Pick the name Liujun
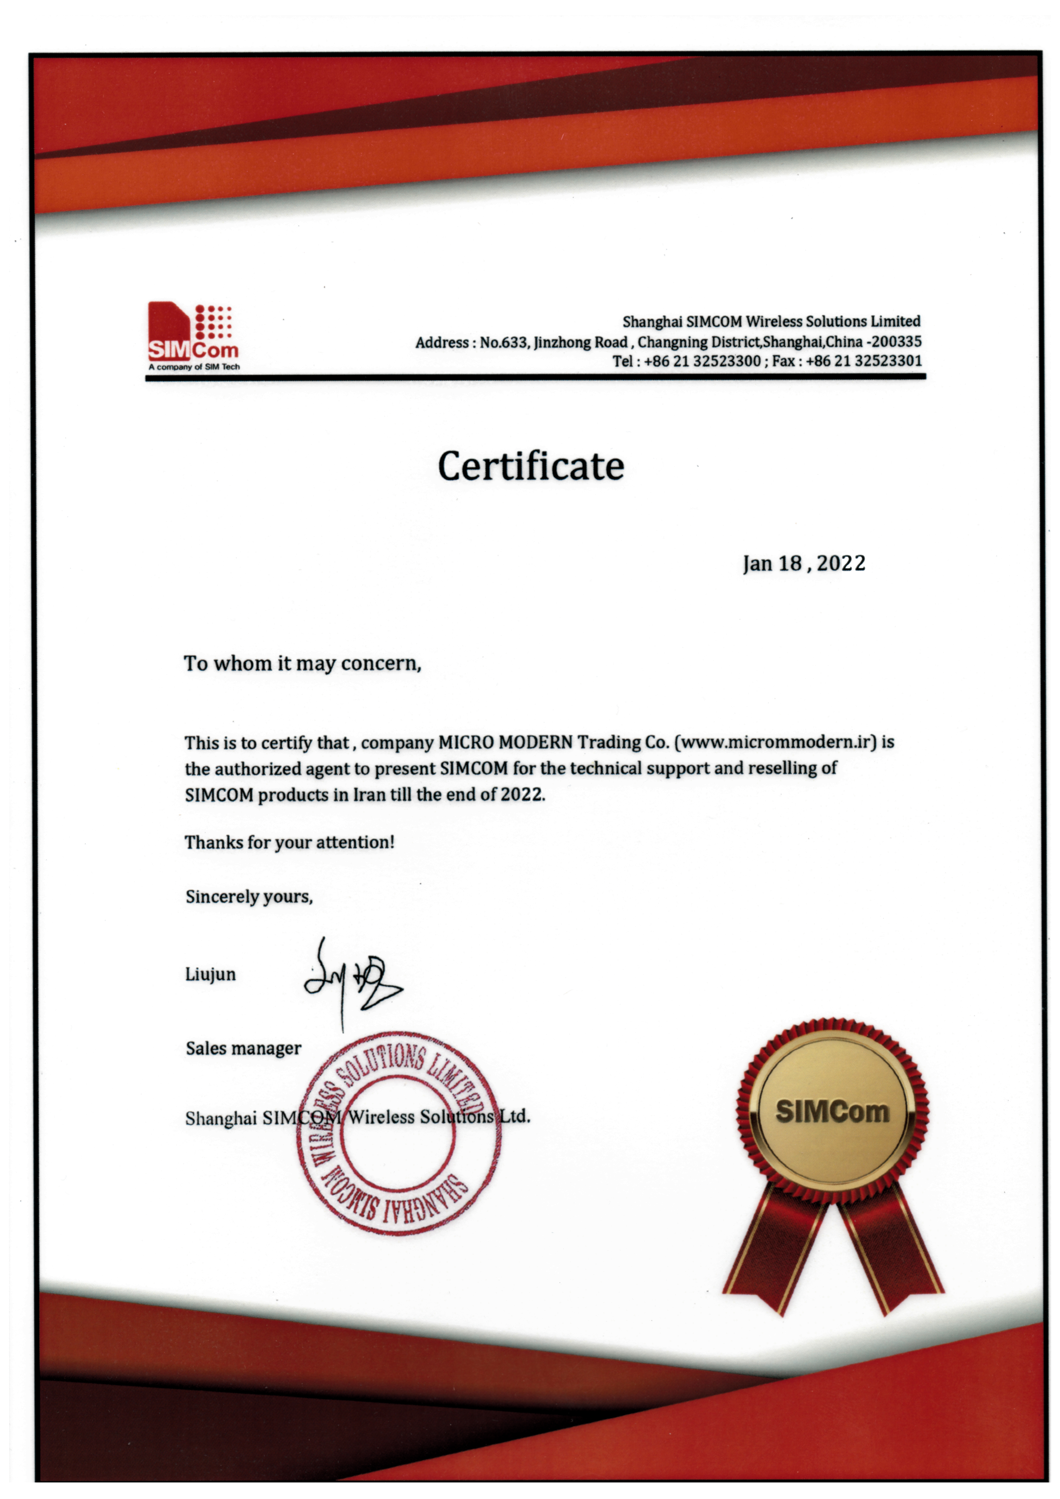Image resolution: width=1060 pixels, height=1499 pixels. coord(210,975)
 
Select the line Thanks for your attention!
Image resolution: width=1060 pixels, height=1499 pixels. coord(289,842)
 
